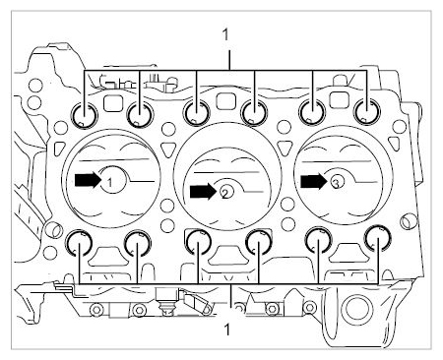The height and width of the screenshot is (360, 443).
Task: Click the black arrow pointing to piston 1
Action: [x=88, y=180]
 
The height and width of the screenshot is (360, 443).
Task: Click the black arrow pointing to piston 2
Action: [x=203, y=192]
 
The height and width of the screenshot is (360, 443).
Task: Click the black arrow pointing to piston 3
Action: [x=314, y=181]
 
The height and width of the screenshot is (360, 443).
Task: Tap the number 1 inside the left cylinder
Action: [x=110, y=182]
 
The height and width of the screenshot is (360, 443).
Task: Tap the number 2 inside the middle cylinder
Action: [x=224, y=194]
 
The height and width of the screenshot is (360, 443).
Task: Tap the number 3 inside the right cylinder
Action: [x=336, y=184]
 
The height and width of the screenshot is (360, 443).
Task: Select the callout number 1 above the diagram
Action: [x=225, y=34]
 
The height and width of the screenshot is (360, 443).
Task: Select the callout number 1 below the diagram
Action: [x=226, y=330]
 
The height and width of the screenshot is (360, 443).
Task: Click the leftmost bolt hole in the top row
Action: [x=85, y=115]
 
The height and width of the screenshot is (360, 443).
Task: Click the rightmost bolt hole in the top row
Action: [x=366, y=112]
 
